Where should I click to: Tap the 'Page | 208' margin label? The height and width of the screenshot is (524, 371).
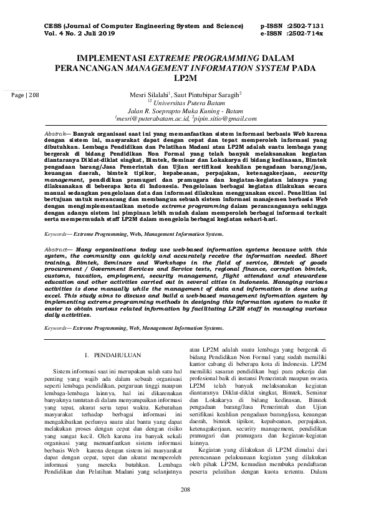pos(25,95)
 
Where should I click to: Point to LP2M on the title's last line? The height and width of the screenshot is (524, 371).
pos(185,78)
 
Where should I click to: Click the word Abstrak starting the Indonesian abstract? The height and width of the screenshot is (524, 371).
pos(59,134)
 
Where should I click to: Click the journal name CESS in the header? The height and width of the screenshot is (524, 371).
pos(55,26)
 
